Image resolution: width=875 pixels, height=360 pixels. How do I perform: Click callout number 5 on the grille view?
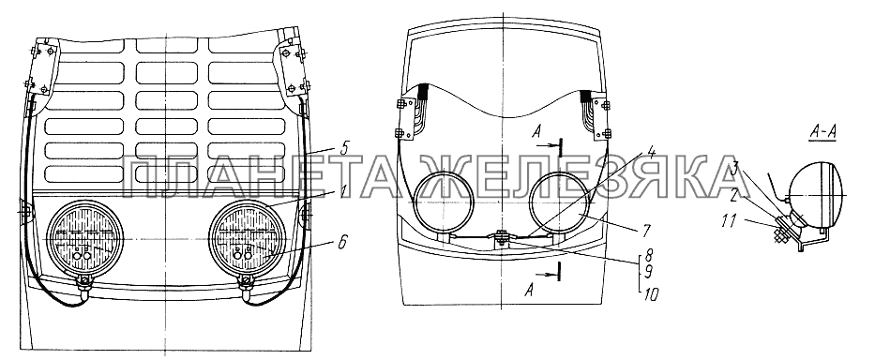point(344,149)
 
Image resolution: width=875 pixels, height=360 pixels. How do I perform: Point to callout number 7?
point(645,230)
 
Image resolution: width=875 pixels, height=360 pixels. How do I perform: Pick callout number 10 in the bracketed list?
point(649,293)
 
